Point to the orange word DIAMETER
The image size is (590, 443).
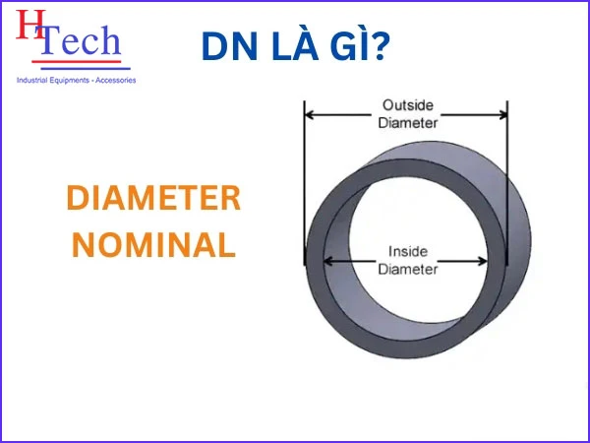coord(153,199)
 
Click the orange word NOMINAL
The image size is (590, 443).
coord(153,245)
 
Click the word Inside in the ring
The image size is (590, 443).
coord(407,252)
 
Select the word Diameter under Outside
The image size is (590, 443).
coord(407,123)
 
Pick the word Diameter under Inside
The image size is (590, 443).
coord(407,268)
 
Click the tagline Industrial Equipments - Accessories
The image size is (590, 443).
coord(77,80)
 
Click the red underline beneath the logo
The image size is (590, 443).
coord(73,64)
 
